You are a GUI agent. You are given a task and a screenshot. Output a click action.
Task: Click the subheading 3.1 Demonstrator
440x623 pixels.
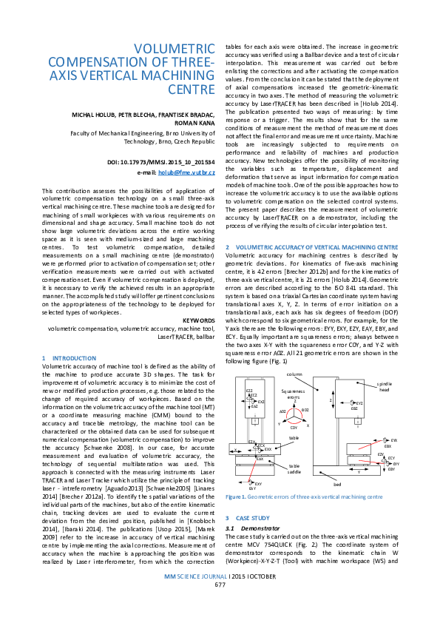[251, 528]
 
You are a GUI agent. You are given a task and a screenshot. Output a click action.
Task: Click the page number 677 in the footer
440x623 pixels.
[220, 605]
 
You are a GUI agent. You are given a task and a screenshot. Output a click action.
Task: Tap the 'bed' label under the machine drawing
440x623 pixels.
[338, 483]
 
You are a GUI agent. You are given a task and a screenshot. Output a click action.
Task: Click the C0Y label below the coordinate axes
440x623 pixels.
[294, 428]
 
